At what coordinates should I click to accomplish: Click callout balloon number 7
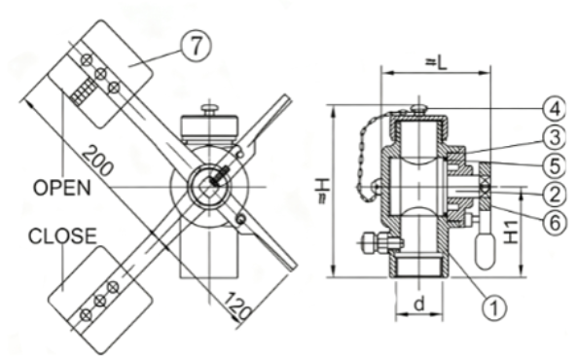point(197,46)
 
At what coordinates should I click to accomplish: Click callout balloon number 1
point(494,307)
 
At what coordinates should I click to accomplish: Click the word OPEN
point(62,188)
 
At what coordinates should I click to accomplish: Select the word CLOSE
point(62,236)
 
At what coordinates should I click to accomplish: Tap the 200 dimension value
point(96,161)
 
